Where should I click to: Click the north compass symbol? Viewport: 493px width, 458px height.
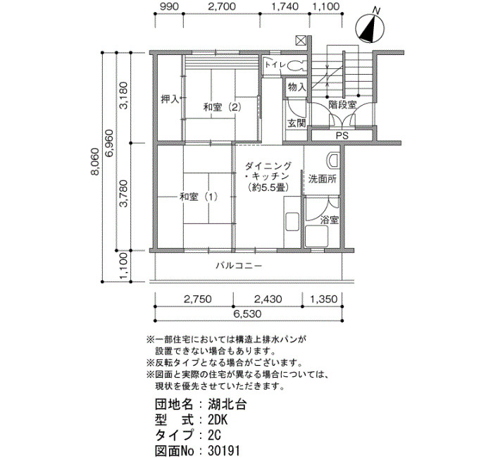[x=370, y=27]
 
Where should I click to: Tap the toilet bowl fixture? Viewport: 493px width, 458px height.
[x=297, y=66]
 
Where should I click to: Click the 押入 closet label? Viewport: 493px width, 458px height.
[x=170, y=99]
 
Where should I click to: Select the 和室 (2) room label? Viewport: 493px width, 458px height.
[x=223, y=107]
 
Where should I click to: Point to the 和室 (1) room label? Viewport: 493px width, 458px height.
[x=199, y=197]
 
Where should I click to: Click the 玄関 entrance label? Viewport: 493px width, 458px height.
[x=297, y=123]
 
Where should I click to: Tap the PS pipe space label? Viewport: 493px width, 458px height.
[x=342, y=135]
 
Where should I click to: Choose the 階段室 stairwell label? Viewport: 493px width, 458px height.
[x=342, y=104]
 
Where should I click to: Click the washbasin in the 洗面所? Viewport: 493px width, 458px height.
[x=333, y=161]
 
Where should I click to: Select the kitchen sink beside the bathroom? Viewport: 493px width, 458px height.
[x=292, y=222]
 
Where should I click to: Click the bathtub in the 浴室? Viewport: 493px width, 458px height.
[x=317, y=236]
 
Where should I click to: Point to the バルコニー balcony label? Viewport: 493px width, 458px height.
[x=239, y=266]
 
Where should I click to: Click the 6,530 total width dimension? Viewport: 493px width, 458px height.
[x=248, y=314]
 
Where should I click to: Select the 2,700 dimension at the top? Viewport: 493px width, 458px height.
[x=221, y=6]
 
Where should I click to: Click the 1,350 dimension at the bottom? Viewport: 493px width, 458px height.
[x=323, y=299]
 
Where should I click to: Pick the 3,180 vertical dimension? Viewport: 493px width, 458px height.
[x=124, y=95]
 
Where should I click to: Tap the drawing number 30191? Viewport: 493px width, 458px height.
[x=223, y=450]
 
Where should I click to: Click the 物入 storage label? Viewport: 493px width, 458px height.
[x=297, y=87]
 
